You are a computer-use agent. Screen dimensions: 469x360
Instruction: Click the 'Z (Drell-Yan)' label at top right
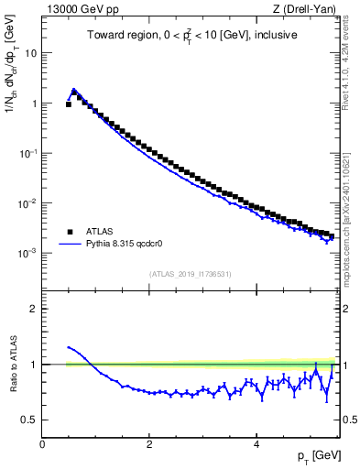(x=305, y=9)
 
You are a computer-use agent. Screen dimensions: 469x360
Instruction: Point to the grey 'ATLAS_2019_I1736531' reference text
(x=190, y=274)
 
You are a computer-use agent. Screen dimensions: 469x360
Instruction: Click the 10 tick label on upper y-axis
(x=29, y=53)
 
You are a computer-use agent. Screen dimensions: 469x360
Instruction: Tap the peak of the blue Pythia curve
(x=73, y=90)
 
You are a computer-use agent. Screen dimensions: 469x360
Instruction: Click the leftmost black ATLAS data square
(x=69, y=104)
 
